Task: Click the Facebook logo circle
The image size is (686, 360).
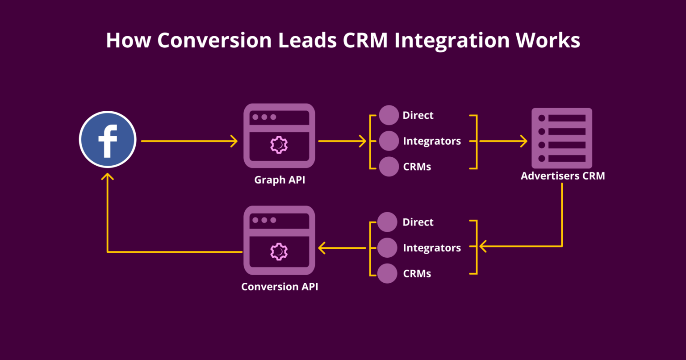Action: pos(107,139)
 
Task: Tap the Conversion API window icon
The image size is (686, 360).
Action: pos(279,240)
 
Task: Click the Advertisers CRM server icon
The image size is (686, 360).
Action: pos(562,138)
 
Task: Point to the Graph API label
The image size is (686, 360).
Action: pos(280,180)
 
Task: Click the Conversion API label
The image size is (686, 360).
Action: pos(280,287)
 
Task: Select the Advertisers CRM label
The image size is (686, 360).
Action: pos(563,176)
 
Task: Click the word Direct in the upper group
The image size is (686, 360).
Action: pos(418,116)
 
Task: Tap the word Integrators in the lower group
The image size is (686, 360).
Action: pos(431,248)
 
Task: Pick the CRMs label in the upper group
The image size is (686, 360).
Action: pos(417,167)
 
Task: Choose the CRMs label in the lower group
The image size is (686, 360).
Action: pos(417,274)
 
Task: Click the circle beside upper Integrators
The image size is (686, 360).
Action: pos(389,141)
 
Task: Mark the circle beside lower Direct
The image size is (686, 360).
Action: pos(387,222)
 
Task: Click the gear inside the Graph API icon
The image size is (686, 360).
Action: pos(279,145)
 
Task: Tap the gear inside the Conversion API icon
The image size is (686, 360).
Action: pos(279,251)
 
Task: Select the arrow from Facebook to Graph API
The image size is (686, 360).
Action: pos(189,142)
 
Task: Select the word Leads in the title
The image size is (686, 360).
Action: pos(307,40)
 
